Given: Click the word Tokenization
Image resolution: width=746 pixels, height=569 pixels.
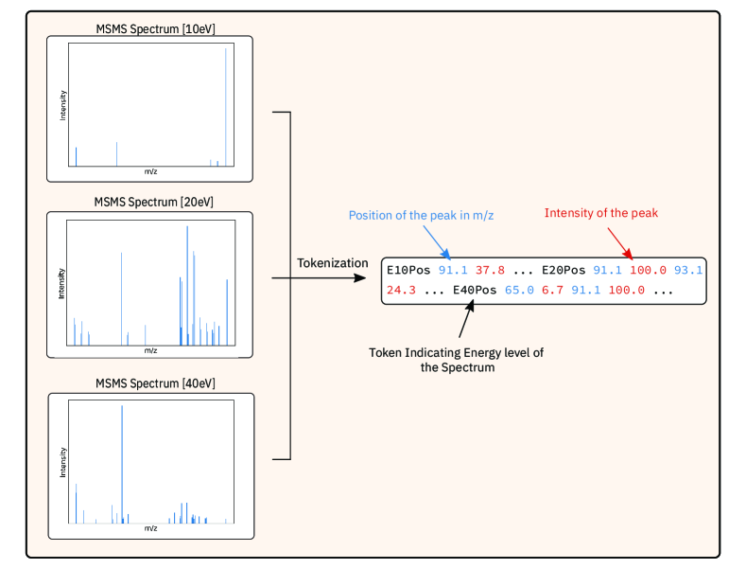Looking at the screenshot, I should tap(332, 262).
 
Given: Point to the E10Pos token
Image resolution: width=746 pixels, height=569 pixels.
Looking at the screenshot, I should tap(408, 271).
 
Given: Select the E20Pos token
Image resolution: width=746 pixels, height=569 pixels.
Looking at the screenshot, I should tap(564, 271).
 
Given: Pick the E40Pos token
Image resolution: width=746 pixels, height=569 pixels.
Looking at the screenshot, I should tap(475, 290).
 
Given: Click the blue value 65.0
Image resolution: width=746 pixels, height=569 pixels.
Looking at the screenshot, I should tap(520, 290).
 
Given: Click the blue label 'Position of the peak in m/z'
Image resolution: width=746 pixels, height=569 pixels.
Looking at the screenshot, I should tap(421, 215).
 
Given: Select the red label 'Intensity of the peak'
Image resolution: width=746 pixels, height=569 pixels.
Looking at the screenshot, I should tap(600, 213).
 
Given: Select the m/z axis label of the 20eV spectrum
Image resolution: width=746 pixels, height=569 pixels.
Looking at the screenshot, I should tap(150, 350).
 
